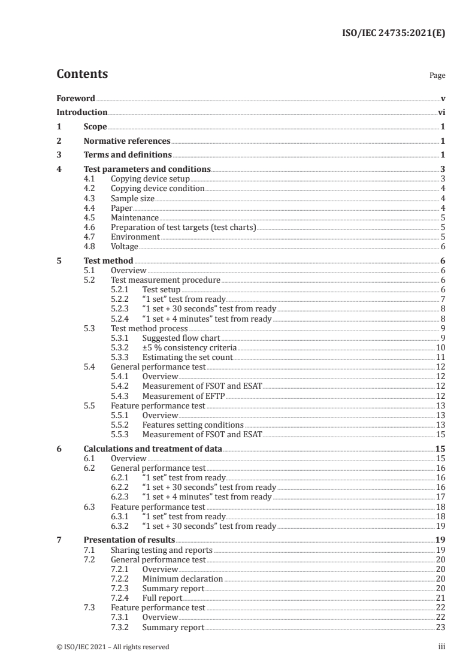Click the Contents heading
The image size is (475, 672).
pos(82,74)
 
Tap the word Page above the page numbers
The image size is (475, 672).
pos(437,76)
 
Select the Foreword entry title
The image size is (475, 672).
pos(75,98)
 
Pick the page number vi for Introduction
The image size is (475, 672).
pos(441,113)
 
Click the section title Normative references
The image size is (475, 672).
pos(127,141)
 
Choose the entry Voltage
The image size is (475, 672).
pos(125,246)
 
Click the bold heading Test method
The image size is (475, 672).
pos(108,261)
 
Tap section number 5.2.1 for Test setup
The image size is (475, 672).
pos(121,289)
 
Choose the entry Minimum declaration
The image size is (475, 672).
pos(182,579)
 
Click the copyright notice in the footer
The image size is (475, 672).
pos(113,647)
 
